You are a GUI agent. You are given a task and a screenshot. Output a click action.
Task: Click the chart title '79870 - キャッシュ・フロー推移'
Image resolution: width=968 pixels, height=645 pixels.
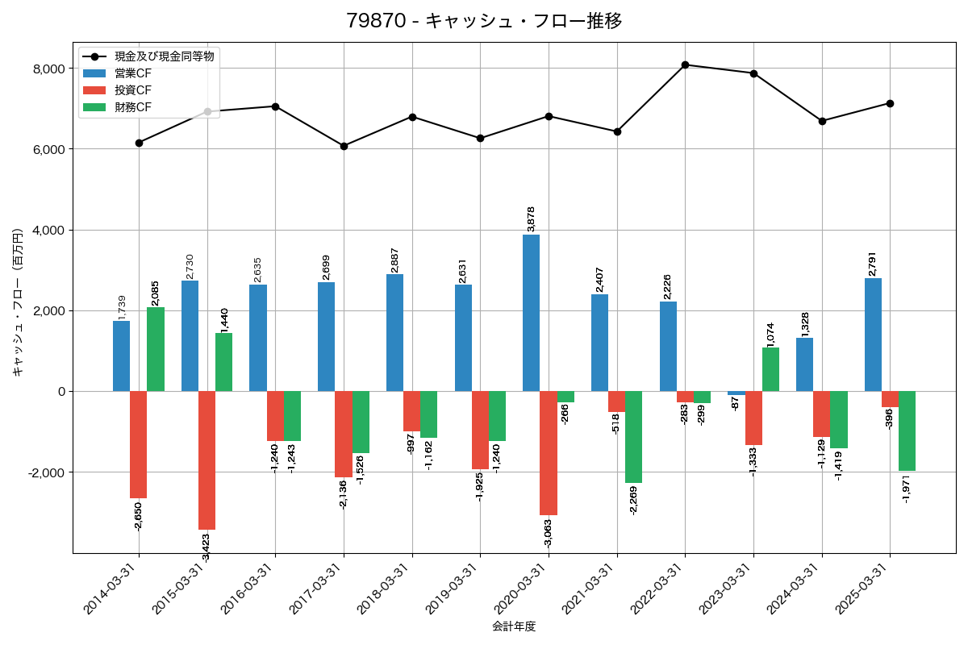[x=484, y=20]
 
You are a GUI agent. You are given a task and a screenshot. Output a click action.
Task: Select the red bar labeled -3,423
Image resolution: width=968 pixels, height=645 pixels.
[x=207, y=460]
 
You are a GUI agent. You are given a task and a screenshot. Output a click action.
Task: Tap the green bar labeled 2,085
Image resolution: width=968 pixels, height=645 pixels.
[x=156, y=349]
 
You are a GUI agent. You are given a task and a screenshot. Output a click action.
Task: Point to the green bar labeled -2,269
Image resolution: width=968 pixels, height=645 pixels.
[x=633, y=437]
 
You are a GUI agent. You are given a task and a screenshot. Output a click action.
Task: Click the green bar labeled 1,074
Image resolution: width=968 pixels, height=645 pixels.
[x=770, y=369]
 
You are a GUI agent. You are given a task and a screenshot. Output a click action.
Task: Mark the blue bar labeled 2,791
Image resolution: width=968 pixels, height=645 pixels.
[x=873, y=335]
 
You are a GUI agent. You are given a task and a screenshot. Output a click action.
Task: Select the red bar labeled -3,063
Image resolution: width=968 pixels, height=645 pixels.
[x=549, y=453]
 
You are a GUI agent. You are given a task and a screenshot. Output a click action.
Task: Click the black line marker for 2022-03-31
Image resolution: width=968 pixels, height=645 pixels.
[x=685, y=64]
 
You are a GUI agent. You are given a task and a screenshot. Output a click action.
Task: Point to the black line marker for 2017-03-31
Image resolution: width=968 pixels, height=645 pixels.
[x=344, y=146]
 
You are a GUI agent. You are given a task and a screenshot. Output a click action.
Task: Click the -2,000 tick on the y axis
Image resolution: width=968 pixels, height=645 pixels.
[x=47, y=472]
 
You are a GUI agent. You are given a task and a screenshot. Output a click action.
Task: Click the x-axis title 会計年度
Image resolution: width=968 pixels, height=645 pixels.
[x=514, y=626]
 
